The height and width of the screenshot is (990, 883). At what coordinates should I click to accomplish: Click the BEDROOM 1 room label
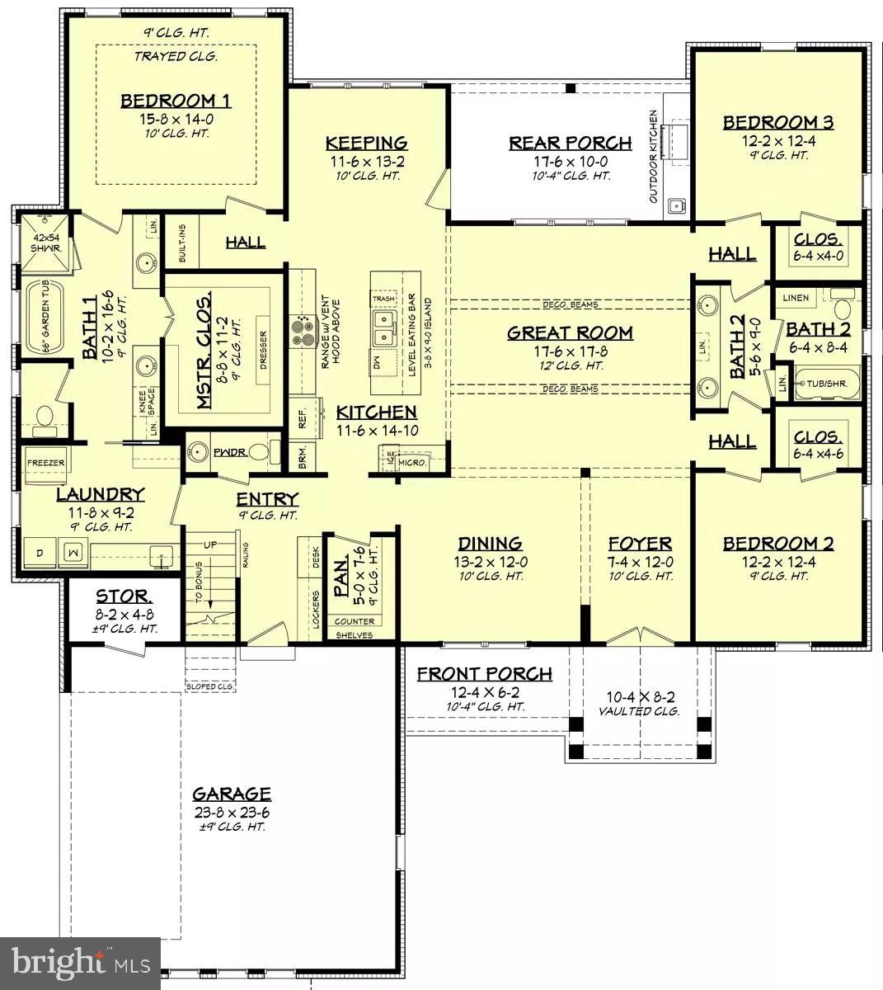(x=176, y=101)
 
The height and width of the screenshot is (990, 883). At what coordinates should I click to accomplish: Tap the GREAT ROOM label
(x=570, y=332)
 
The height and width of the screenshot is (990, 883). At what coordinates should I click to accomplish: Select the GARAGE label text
(x=232, y=794)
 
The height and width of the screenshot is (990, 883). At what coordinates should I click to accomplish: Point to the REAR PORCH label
(x=570, y=143)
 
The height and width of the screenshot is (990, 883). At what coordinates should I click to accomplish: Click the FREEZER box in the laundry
(x=45, y=464)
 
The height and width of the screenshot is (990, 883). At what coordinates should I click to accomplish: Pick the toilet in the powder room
(x=259, y=452)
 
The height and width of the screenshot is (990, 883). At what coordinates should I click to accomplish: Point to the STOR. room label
(x=124, y=596)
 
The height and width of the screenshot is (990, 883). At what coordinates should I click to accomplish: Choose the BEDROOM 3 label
(x=777, y=123)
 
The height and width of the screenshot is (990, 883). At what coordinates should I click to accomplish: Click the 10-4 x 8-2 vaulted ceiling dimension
(x=640, y=697)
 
